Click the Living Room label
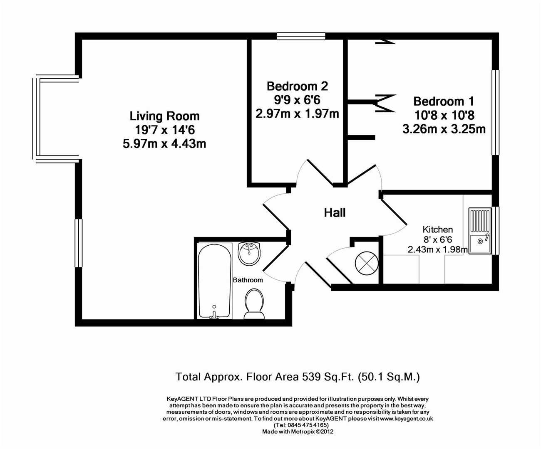164,116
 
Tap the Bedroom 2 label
297,86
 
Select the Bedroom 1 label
444,101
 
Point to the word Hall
335,213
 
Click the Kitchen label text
437,229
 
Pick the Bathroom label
248,280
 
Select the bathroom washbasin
249,253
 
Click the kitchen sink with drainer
480,231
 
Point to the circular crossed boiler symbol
366,263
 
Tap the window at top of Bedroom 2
301,36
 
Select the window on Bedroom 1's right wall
495,112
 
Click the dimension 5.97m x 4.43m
164,144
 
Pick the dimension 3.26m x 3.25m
444,129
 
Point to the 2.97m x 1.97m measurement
297,113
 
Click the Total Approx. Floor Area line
298,377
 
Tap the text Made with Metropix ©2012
298,432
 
